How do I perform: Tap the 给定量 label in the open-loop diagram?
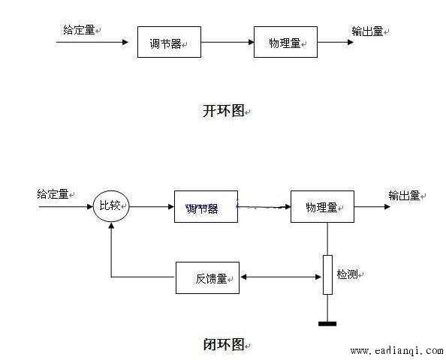(x=79, y=30)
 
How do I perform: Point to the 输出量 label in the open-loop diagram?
(x=367, y=31)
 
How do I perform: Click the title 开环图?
(x=224, y=110)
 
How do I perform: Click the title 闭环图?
(x=224, y=344)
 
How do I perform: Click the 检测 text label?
(x=348, y=274)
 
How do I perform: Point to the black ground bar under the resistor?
(x=327, y=324)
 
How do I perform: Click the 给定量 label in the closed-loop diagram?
(x=53, y=194)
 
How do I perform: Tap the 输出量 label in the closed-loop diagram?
(x=404, y=196)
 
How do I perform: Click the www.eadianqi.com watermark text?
(x=396, y=351)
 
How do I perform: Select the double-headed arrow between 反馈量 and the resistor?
(x=281, y=277)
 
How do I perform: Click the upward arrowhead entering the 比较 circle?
(x=111, y=226)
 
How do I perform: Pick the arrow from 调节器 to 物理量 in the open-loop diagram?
(x=228, y=42)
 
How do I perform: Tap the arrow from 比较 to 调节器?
(x=152, y=206)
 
